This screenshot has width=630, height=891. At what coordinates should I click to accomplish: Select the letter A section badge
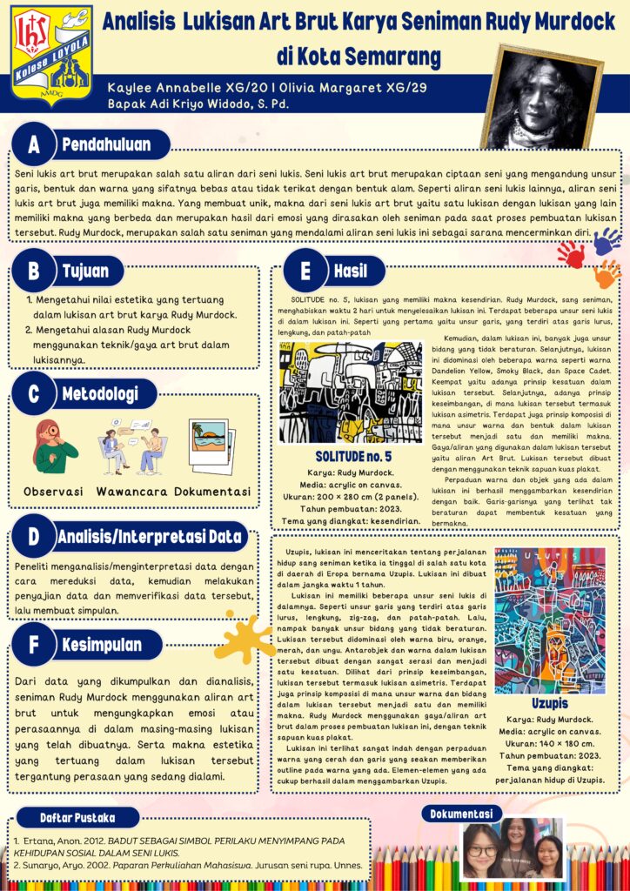coord(34,144)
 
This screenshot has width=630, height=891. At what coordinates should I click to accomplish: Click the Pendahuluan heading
coord(106,144)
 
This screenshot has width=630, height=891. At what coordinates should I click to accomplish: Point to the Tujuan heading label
coord(85,271)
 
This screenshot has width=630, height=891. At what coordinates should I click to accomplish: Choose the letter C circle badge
coord(34,395)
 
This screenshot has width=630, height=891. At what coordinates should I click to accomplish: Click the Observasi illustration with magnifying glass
coord(54,445)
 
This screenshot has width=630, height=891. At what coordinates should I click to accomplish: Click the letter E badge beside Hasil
coord(305,271)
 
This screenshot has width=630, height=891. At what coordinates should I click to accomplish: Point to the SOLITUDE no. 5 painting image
coord(351,392)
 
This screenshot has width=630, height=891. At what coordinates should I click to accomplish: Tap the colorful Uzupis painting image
coord(549,619)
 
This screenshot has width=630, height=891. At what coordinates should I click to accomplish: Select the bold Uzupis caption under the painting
coord(550,703)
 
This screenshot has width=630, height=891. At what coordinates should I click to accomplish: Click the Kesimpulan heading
coord(102,646)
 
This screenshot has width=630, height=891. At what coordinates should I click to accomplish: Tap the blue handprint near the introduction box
coord(607,241)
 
